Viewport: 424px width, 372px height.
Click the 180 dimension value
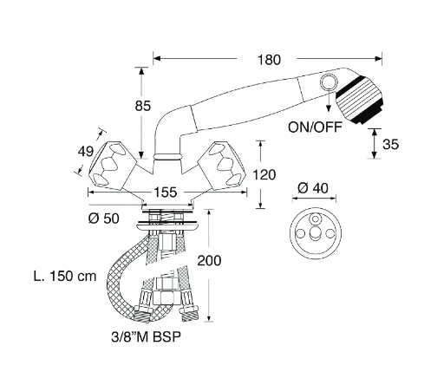click(269, 60)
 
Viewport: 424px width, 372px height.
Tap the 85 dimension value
click(143, 106)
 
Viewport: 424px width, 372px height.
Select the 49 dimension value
click(86, 152)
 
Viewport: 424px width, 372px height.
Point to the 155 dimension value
click(165, 193)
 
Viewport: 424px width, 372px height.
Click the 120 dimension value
click(264, 175)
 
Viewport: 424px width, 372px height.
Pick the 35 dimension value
click(391, 144)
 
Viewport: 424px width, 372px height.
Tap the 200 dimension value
click(209, 260)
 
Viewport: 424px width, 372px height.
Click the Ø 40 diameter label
click(313, 188)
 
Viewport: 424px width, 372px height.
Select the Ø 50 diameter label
click(103, 219)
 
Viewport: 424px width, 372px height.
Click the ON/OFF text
click(315, 127)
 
